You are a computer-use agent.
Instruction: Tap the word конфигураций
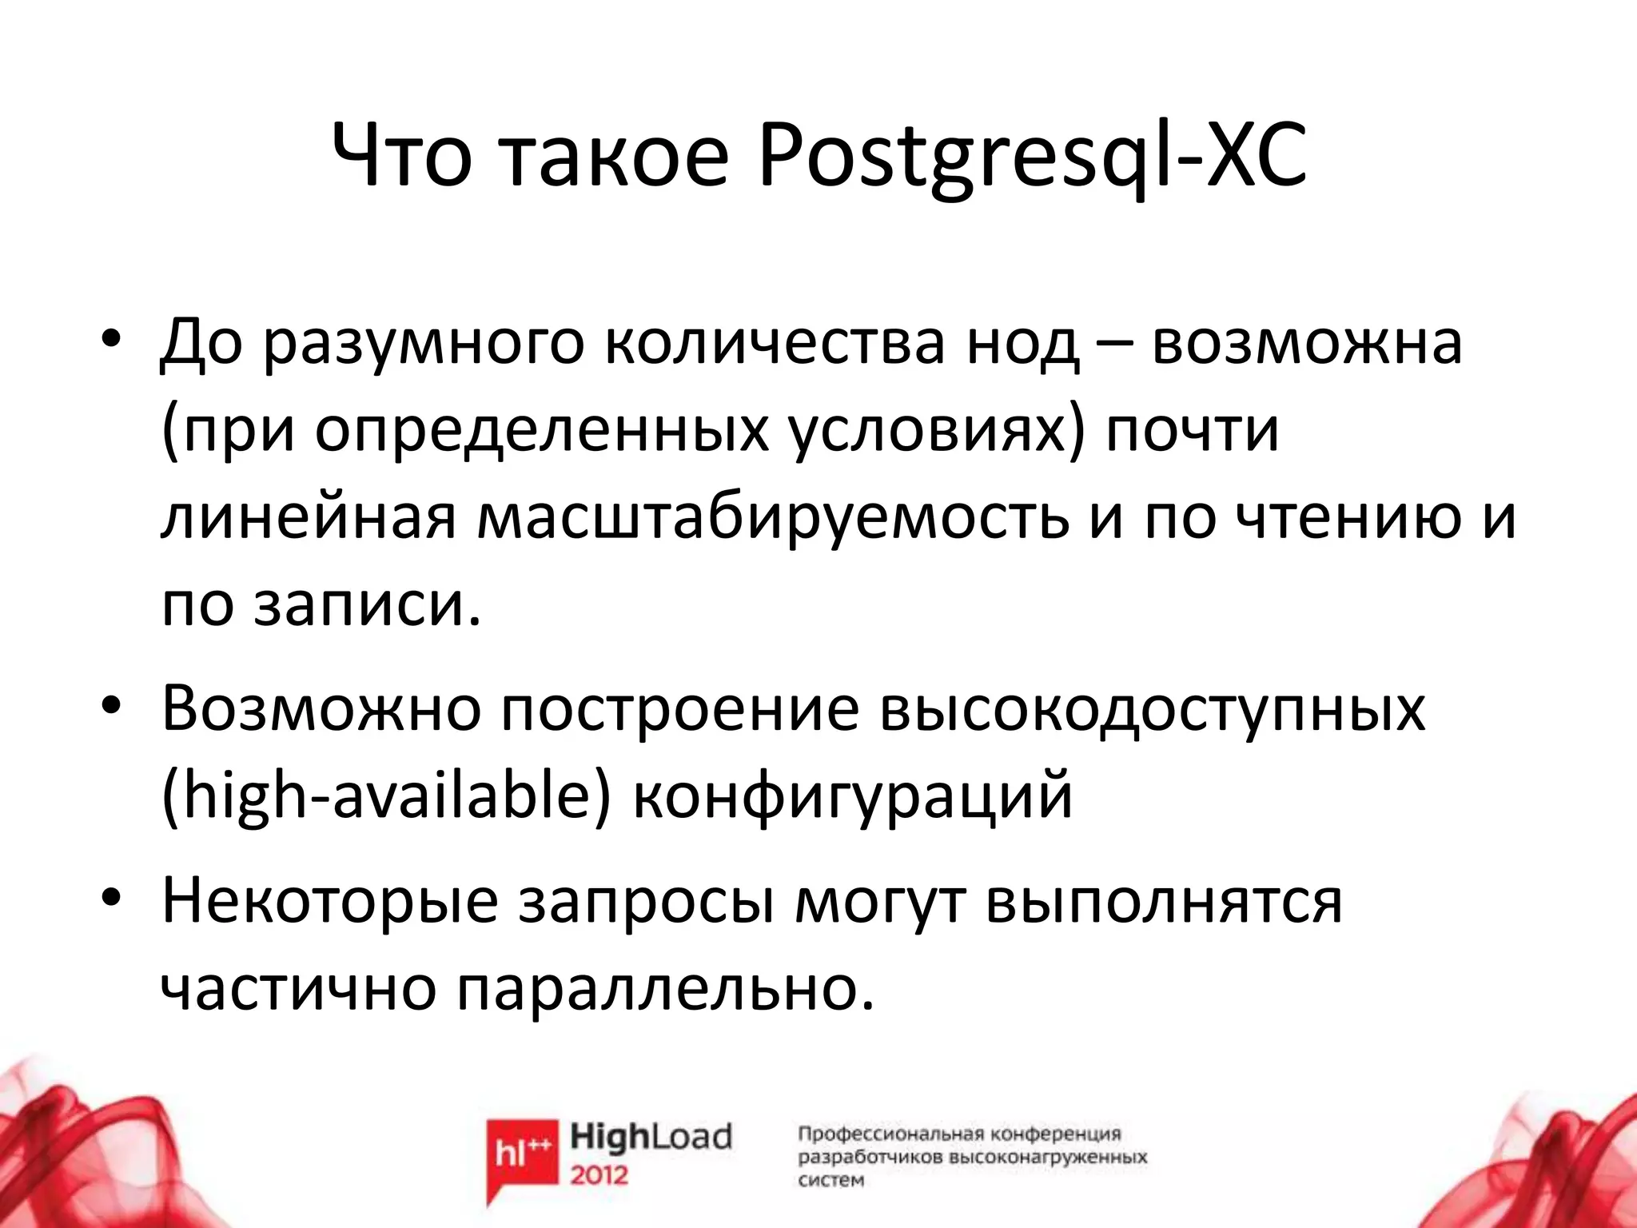coord(852,798)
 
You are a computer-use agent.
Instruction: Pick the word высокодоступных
coord(1152,710)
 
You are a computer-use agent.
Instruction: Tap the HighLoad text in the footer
coord(651,1137)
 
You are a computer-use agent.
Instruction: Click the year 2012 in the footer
coord(599,1176)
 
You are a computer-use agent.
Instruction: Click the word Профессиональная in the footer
coord(891,1134)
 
